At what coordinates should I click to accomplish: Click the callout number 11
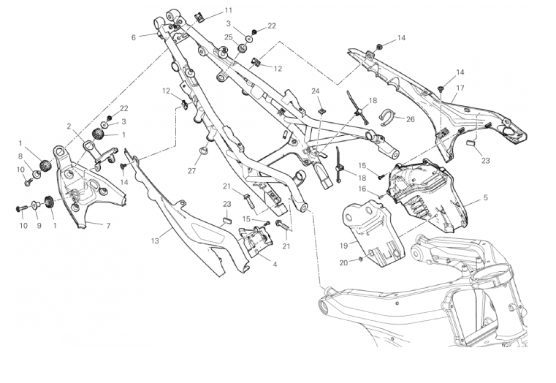click(229, 10)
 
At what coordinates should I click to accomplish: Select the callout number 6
click(134, 37)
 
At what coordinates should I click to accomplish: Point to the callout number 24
click(316, 91)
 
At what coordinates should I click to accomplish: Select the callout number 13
click(155, 240)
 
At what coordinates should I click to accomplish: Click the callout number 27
click(192, 170)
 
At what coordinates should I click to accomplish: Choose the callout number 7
click(108, 225)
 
